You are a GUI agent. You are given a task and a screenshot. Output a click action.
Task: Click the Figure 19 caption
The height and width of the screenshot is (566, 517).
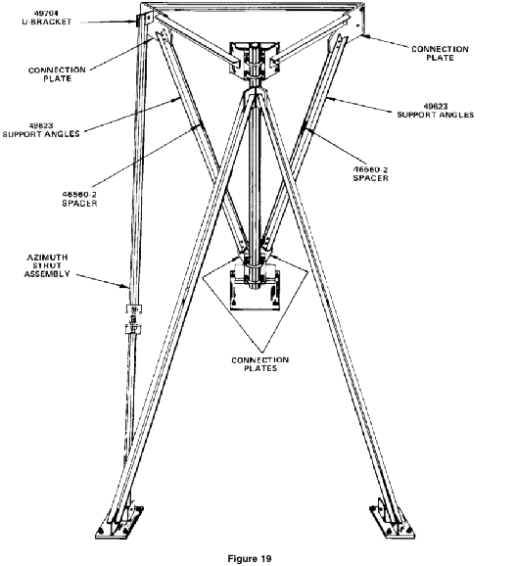pos(250,558)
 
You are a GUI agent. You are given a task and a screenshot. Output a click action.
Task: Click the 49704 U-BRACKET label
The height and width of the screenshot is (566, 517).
pos(47,18)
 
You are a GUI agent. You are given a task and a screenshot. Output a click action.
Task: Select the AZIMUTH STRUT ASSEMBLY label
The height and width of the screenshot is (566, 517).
pos(47,265)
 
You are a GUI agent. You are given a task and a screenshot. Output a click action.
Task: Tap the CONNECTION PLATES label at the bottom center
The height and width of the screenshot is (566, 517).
pos(259,364)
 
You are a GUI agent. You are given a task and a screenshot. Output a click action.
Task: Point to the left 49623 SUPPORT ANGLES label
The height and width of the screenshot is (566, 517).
pos(41,130)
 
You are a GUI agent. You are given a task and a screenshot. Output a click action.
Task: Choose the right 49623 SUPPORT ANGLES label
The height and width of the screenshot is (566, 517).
pos(436,111)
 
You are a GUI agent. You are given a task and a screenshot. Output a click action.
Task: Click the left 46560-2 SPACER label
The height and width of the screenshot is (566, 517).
pos(79,199)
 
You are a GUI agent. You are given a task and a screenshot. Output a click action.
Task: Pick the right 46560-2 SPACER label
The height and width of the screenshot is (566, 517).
pos(371,173)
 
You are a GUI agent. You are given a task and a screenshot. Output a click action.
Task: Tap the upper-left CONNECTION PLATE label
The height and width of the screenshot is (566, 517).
pos(57,74)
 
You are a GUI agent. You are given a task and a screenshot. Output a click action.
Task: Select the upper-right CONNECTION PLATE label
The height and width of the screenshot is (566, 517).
pos(440,53)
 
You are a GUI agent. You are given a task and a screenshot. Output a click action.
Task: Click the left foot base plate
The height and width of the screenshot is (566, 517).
pos(119,522)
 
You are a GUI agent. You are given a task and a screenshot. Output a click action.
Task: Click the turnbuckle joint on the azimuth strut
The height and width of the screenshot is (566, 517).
pos(133,319)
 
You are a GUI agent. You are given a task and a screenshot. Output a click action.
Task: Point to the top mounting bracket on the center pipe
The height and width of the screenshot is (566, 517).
pos(255,59)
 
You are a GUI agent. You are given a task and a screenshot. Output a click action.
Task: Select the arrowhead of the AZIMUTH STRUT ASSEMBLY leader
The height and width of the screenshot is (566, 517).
pos(126,287)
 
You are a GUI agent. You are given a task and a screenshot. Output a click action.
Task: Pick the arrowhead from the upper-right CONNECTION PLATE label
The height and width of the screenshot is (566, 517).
pos(364,35)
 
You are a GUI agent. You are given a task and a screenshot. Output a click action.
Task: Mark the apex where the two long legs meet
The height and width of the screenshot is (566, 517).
pos(255,90)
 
